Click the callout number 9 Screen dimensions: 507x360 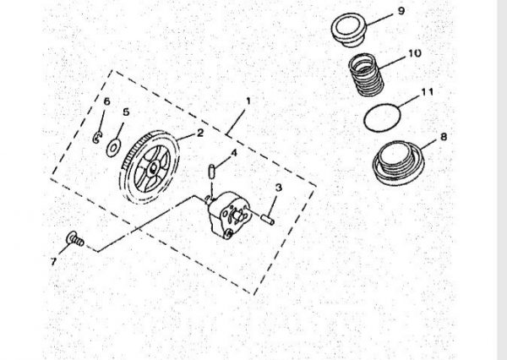[401, 11]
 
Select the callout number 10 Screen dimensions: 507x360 [414, 53]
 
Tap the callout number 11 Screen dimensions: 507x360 [427, 92]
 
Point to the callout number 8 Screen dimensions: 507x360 [444, 137]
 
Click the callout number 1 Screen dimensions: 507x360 [248, 101]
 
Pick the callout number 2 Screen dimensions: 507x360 [200, 133]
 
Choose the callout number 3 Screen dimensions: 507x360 [278, 188]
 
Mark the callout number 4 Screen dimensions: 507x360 [233, 153]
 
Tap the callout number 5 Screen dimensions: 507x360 [126, 112]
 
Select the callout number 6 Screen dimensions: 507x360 [106, 101]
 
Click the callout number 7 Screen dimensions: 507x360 [54, 261]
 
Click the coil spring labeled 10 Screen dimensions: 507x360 [366, 75]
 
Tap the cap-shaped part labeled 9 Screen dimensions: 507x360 [349, 30]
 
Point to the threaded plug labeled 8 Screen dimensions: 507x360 [398, 163]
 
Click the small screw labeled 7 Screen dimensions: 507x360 [75, 239]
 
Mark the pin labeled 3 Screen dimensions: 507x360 [267, 220]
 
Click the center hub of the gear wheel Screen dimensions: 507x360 [153, 168]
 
